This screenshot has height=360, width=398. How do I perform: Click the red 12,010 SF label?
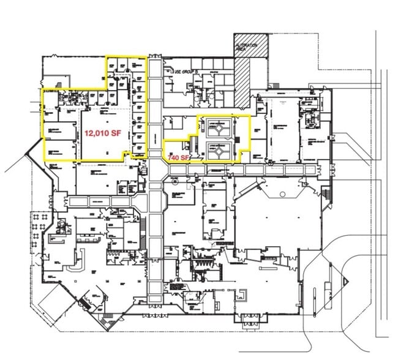[x=102, y=132]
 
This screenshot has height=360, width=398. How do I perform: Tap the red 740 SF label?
[x=178, y=157]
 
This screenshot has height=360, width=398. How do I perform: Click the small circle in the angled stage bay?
[x=282, y=194]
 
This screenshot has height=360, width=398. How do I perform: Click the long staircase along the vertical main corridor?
[x=145, y=236]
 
